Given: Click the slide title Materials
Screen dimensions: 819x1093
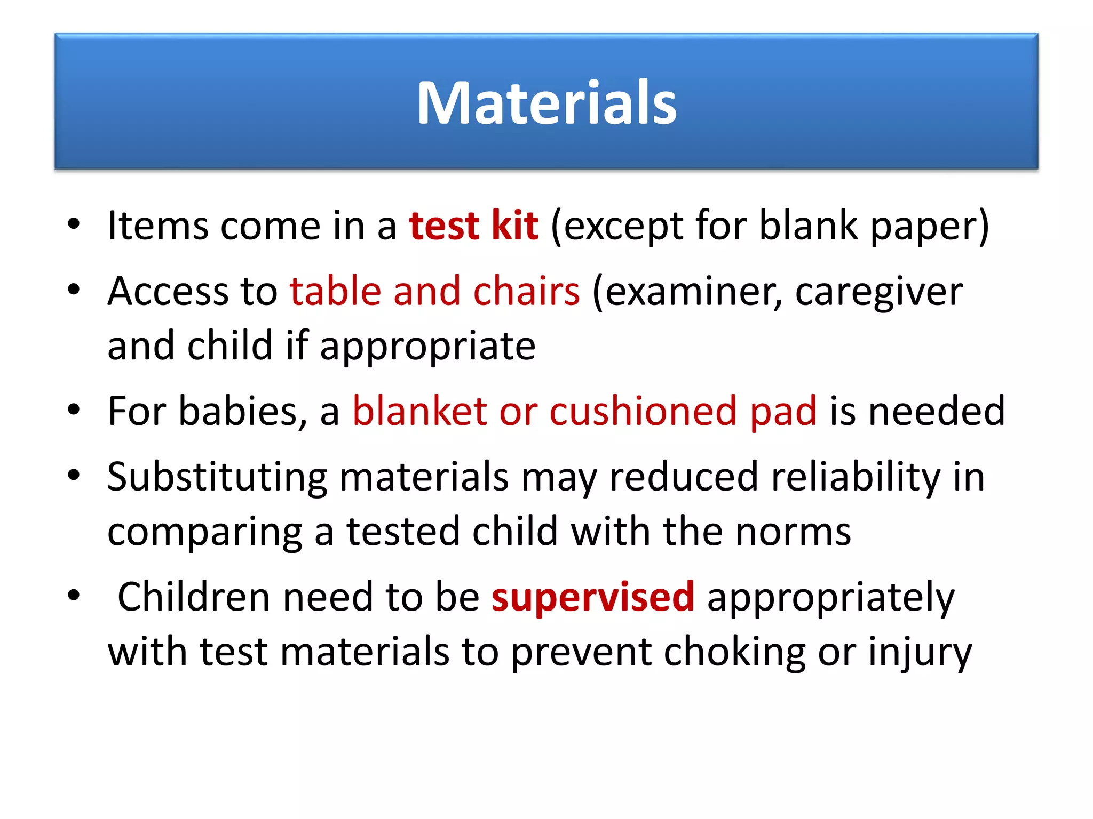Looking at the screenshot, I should pos(546,102).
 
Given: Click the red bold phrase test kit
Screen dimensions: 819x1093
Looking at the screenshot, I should pos(473,226).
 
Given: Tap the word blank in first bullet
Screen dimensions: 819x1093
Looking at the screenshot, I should pos(808,226).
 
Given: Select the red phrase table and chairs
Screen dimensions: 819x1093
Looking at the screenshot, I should pos(434,292).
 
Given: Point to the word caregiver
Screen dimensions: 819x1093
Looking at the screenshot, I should pos(878,293).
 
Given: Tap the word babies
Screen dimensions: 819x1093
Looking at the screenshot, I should pos(242,411).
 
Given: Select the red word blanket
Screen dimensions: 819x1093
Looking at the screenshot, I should pos(419,411).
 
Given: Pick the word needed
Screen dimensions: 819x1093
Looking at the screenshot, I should pos(937,411).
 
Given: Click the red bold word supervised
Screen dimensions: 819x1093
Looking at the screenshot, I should pos(593,597).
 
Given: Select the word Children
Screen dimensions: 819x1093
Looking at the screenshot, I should pos(193,597).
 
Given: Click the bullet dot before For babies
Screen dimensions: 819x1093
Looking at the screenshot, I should pos(74,410).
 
